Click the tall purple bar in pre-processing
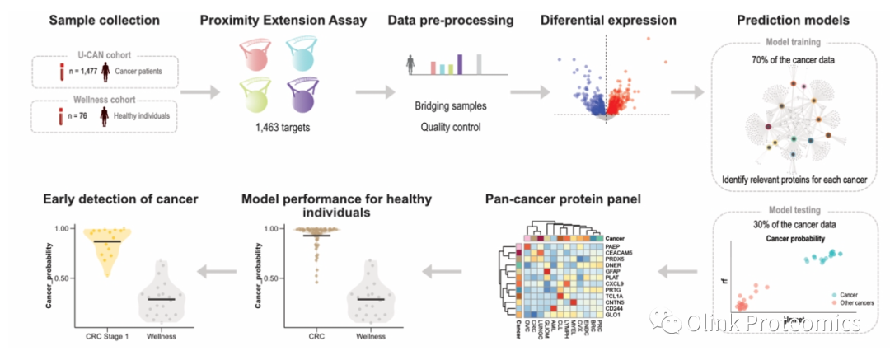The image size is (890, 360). click(460, 63)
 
